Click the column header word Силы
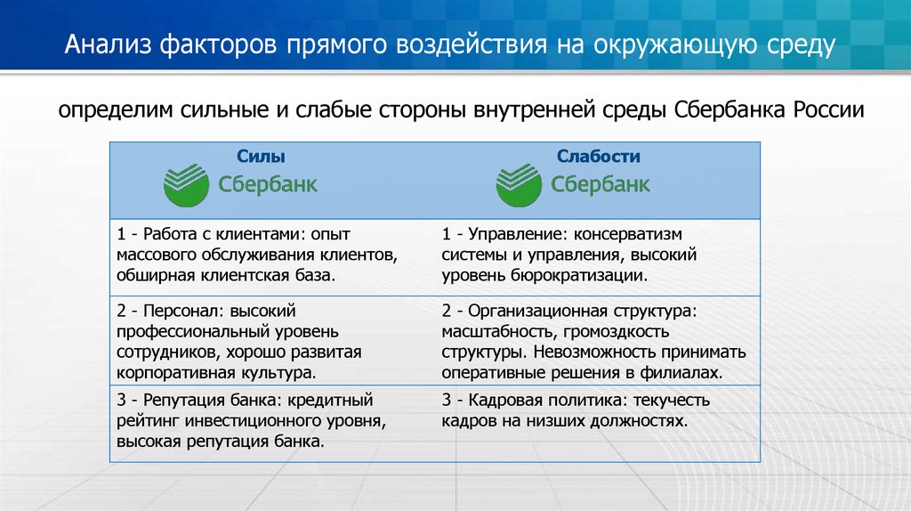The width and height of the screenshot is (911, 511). (x=261, y=156)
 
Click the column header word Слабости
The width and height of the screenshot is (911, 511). (x=599, y=156)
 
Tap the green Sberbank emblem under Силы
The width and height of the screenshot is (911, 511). (x=186, y=185)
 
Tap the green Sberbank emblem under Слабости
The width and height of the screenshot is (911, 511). (x=519, y=185)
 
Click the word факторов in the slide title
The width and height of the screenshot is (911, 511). (x=219, y=45)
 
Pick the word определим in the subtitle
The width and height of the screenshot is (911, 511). (x=116, y=110)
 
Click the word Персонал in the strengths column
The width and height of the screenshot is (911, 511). (x=182, y=311)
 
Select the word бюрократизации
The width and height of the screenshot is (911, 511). (x=578, y=276)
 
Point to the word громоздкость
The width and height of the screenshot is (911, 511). (x=616, y=332)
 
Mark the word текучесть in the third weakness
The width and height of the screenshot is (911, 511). (x=671, y=401)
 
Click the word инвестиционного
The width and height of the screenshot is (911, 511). (x=254, y=421)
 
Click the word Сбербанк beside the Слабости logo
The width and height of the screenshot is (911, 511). (x=600, y=184)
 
